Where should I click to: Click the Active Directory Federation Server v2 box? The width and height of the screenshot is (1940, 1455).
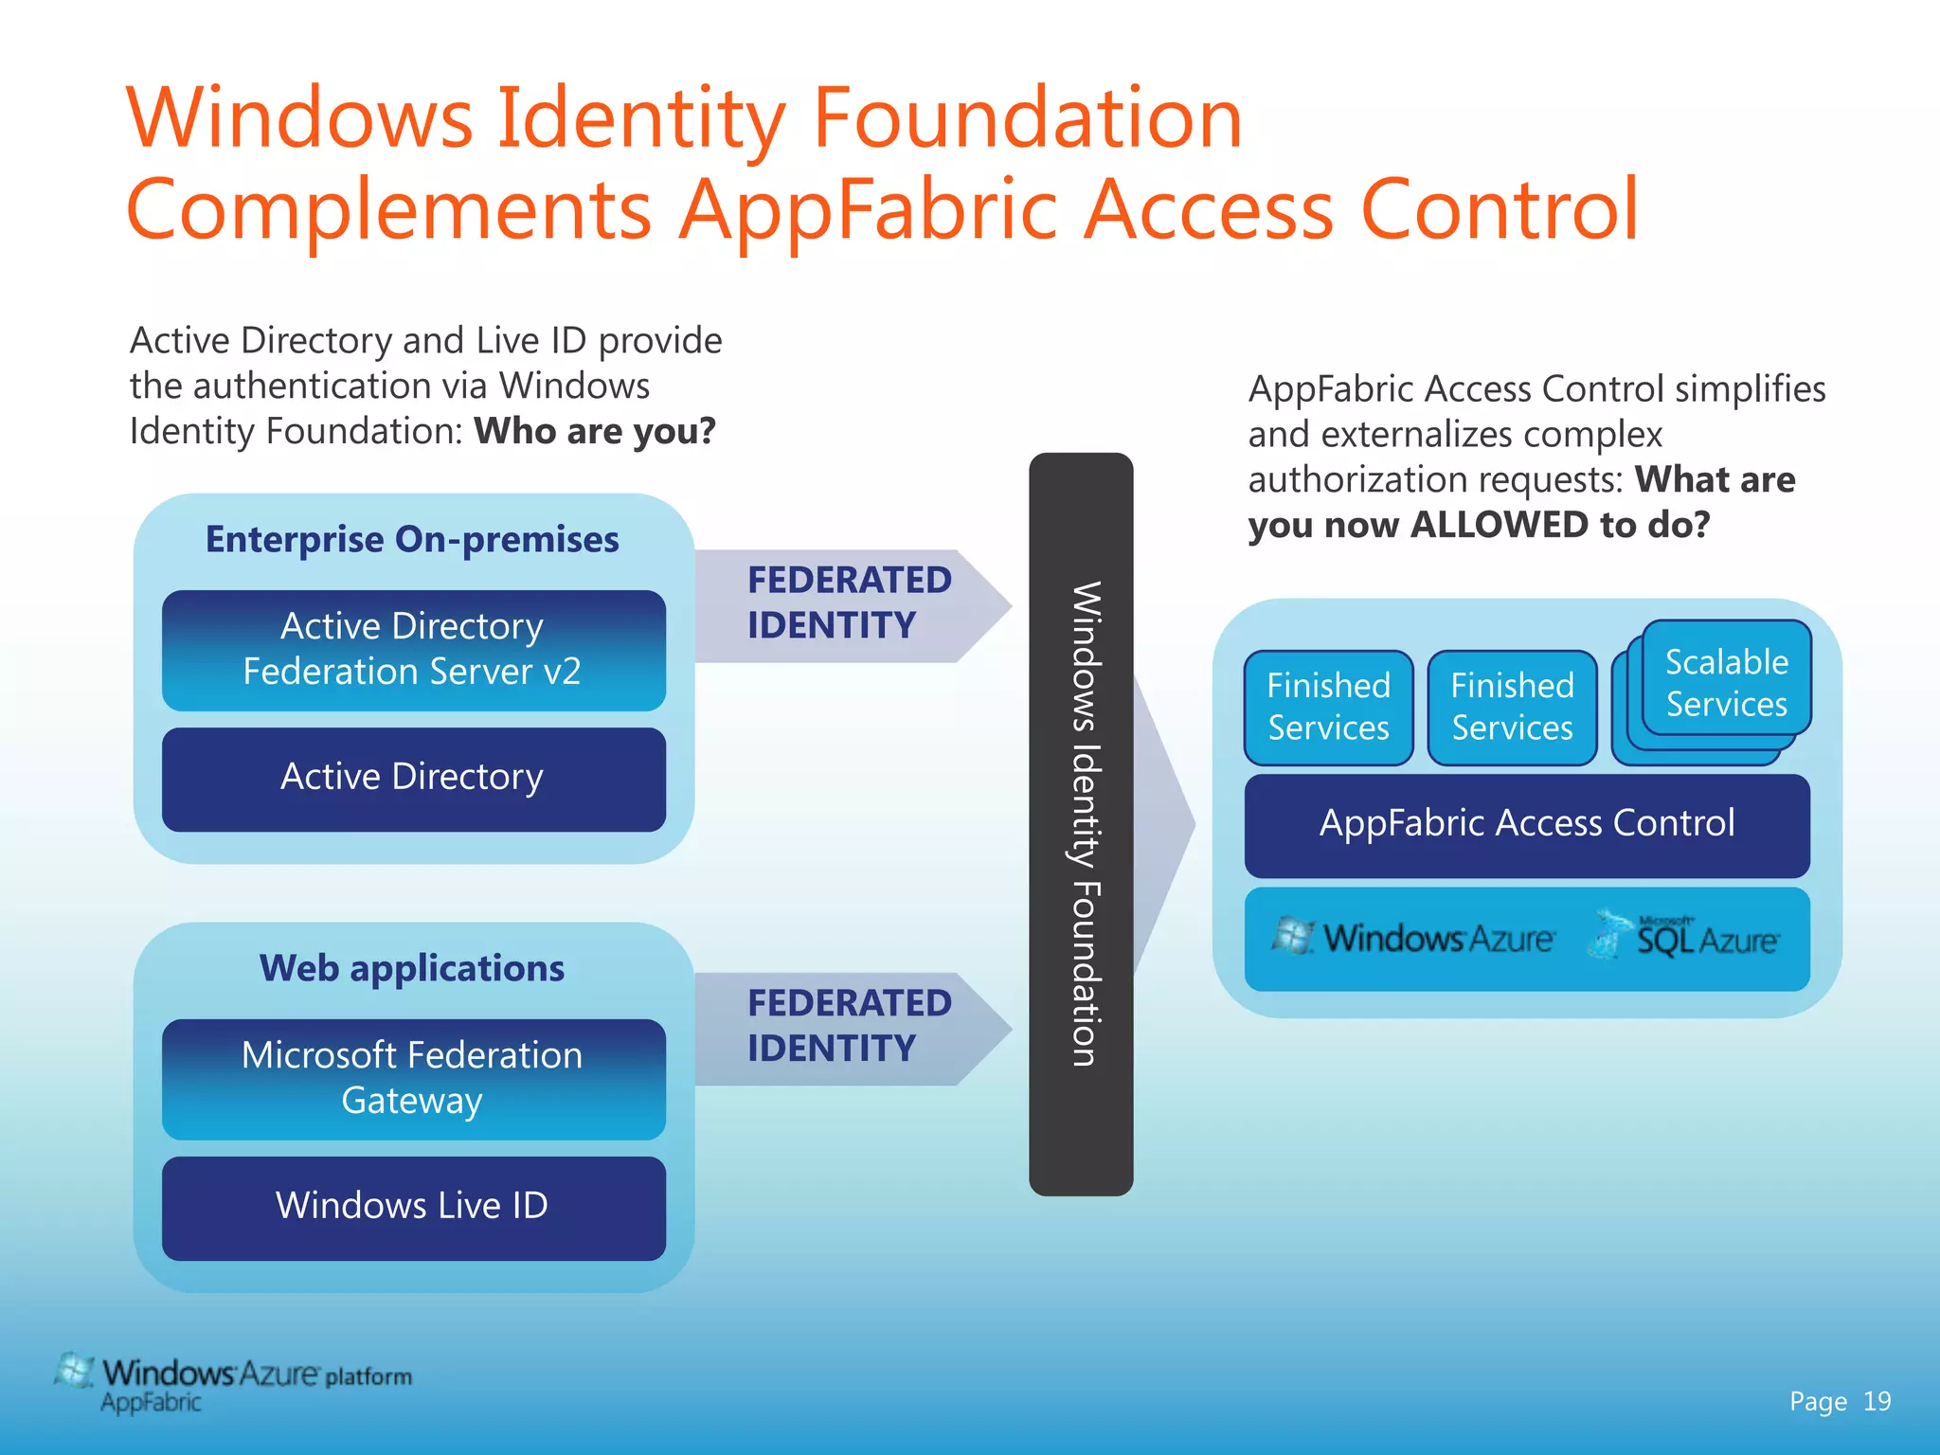coord(413,650)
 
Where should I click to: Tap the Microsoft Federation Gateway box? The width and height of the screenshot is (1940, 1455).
coord(413,1079)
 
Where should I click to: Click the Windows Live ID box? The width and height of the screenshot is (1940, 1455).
coord(413,1207)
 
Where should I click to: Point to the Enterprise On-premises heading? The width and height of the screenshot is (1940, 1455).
coord(412,539)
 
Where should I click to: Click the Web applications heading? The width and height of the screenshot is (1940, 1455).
coord(412,968)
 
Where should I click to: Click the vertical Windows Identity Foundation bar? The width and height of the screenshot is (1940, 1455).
coord(1081,824)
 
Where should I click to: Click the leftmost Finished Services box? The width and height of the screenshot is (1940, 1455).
coord(1328,707)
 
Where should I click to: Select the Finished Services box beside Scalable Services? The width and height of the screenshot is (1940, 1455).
coord(1512,707)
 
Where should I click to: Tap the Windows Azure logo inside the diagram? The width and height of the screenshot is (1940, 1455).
coord(1413,938)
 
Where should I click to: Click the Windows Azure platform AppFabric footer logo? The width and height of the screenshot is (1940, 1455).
coord(233,1383)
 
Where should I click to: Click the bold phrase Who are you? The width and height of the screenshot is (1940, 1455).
coord(595,431)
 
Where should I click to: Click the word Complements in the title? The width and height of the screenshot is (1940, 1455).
coord(388,210)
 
